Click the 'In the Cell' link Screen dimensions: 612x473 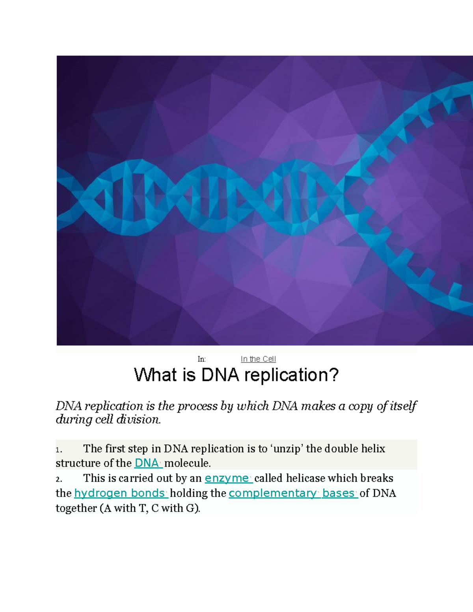[x=258, y=359]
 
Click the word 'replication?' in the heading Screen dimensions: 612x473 [x=291, y=375]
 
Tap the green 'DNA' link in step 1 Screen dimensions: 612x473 [x=147, y=463]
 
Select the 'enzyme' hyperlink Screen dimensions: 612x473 [x=227, y=478]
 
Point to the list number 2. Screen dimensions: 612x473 [x=58, y=480]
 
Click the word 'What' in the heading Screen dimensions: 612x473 [x=156, y=375]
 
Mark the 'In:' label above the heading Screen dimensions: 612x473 [x=201, y=359]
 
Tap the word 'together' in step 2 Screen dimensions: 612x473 [x=76, y=508]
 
